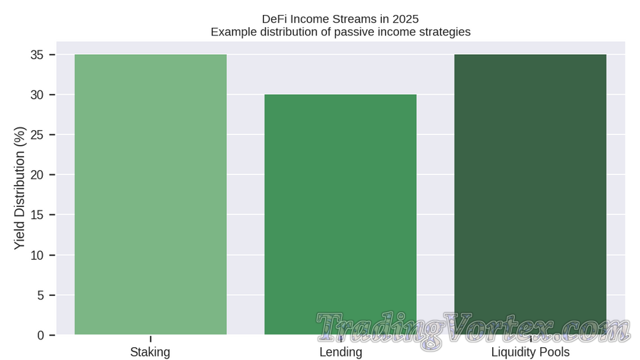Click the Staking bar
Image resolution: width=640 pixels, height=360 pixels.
click(x=150, y=194)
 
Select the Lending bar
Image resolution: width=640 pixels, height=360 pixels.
click(x=341, y=214)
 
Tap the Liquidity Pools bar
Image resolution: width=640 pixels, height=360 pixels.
click(x=530, y=185)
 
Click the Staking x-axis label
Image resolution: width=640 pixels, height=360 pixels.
click(x=150, y=352)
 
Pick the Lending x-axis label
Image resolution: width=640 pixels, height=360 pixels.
click(x=341, y=352)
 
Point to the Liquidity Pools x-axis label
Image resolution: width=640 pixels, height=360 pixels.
click(x=530, y=352)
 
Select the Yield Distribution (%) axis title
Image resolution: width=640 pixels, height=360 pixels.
click(x=20, y=188)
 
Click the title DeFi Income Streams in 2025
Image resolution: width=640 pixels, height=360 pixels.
click(x=340, y=18)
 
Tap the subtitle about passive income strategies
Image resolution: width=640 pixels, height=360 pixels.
click(x=340, y=32)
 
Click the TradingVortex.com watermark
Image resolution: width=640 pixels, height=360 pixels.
click(x=473, y=330)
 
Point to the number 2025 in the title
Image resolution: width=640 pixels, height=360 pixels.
click(x=405, y=18)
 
